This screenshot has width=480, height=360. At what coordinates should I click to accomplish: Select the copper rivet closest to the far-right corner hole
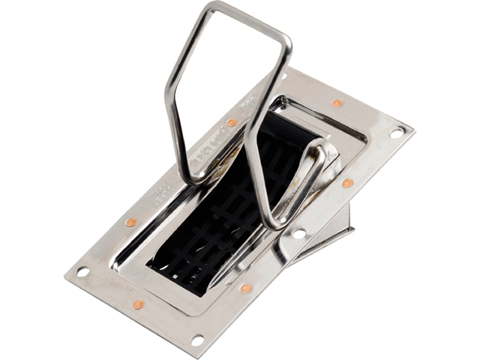pos(337,103)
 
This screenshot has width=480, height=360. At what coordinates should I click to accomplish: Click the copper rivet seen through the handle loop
pos(232,122)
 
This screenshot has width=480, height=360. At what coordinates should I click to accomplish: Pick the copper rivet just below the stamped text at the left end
pos(130,222)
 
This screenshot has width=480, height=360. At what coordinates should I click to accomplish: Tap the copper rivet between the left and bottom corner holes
pos(138,304)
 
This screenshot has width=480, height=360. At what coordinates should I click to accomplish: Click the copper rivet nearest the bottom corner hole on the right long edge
pos(246,288)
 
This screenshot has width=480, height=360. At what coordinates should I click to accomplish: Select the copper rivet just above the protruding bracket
pos(347,183)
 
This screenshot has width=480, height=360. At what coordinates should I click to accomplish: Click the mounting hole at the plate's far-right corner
pos(396,132)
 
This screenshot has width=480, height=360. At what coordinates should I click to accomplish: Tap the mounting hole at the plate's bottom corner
pos(197,340)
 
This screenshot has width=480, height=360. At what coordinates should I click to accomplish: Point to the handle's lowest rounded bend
pos(273,221)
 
